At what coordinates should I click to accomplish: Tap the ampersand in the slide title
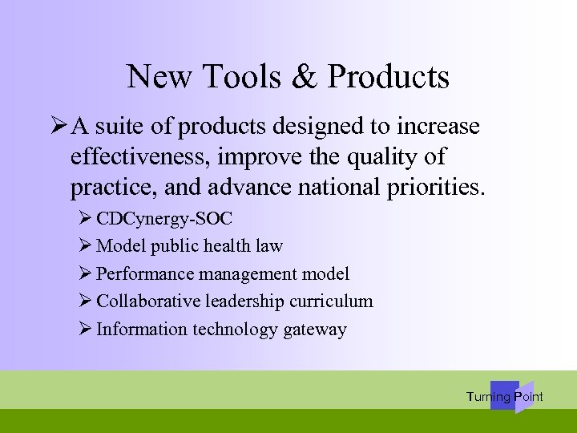pyautogui.click(x=308, y=77)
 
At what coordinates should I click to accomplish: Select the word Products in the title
pyautogui.click(x=389, y=77)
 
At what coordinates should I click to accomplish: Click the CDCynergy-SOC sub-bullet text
pyautogui.click(x=164, y=218)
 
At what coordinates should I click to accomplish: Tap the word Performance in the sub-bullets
pyautogui.click(x=145, y=274)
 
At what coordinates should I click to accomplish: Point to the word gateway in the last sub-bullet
pyautogui.click(x=315, y=330)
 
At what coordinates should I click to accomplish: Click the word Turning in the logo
pyautogui.click(x=488, y=397)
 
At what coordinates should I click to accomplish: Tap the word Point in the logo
pyautogui.click(x=529, y=397)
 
